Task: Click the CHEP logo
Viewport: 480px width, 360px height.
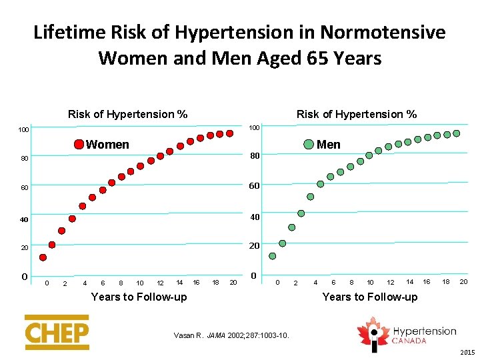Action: pos(57,332)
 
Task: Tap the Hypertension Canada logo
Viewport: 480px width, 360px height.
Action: pos(408,334)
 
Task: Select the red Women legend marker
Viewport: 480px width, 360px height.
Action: pos(79,144)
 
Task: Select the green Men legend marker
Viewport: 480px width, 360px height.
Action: pos(309,145)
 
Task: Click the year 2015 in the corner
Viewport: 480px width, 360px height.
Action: pos(469,353)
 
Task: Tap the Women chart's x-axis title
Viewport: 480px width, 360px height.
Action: pos(139,297)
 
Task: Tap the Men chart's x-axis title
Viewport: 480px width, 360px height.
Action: pos(370,297)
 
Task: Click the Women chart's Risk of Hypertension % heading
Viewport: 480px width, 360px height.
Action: pos(127,114)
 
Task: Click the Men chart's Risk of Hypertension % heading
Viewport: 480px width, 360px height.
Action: pos(357,114)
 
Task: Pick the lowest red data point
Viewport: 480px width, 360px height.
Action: pos(43,257)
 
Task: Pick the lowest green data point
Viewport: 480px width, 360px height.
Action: pos(272,256)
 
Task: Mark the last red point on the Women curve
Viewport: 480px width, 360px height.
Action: pos(229,133)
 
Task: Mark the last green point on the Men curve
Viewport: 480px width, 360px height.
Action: pos(457,133)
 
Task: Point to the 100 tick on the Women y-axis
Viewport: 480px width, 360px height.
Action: pos(23,129)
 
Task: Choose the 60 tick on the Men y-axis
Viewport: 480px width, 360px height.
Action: pos(254,185)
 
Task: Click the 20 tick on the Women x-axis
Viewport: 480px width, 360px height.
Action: pos(233,283)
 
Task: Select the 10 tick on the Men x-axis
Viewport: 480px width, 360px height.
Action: pos(370,283)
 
